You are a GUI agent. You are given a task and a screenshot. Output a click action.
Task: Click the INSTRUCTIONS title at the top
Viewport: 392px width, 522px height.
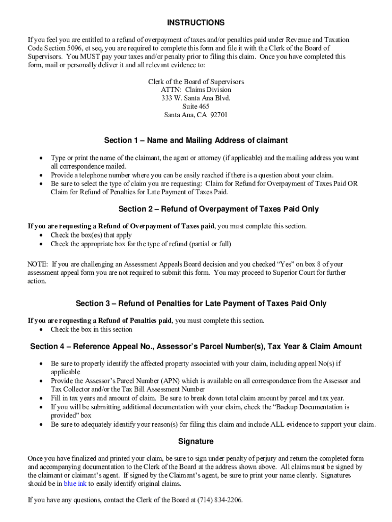(x=195, y=23)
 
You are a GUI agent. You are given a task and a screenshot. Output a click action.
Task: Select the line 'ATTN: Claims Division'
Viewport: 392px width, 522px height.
(x=195, y=90)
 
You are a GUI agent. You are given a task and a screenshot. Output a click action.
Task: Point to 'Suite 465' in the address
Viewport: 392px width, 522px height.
(x=195, y=107)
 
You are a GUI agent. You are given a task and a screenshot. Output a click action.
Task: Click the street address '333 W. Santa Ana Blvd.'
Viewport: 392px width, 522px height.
(x=195, y=98)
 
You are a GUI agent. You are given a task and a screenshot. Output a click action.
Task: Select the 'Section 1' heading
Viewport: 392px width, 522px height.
(x=195, y=140)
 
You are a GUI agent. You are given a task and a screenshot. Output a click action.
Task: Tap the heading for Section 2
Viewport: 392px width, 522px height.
(x=218, y=209)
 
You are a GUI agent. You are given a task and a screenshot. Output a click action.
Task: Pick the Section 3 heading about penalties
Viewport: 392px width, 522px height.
(x=201, y=303)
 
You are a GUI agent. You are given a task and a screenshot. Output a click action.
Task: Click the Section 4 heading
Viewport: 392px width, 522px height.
(x=195, y=347)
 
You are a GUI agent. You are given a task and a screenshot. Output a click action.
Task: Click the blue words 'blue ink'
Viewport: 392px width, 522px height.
(x=75, y=484)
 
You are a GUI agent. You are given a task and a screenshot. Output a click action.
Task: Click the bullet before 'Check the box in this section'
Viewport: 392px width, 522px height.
(x=41, y=329)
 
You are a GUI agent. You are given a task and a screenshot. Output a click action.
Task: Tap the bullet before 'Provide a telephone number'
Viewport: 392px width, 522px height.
(x=41, y=175)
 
